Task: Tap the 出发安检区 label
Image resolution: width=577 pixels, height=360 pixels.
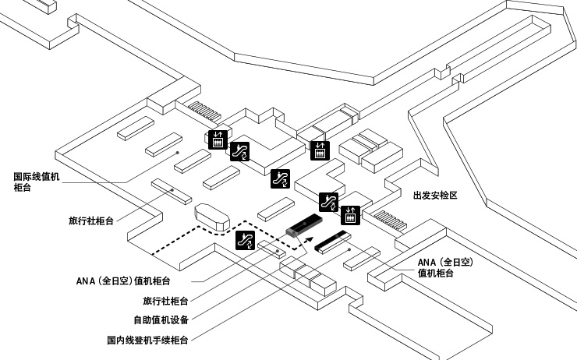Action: (x=434, y=196)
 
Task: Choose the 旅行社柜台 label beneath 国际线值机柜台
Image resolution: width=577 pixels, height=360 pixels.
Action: (x=90, y=221)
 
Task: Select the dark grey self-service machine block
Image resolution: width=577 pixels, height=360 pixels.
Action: (x=300, y=226)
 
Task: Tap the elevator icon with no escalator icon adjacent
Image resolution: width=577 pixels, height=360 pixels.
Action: (x=319, y=150)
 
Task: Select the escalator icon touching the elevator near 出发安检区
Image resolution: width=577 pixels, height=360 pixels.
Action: (x=330, y=201)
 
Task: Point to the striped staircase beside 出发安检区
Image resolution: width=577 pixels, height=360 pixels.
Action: (x=388, y=221)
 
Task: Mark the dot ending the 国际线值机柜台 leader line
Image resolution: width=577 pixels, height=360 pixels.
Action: (x=179, y=153)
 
